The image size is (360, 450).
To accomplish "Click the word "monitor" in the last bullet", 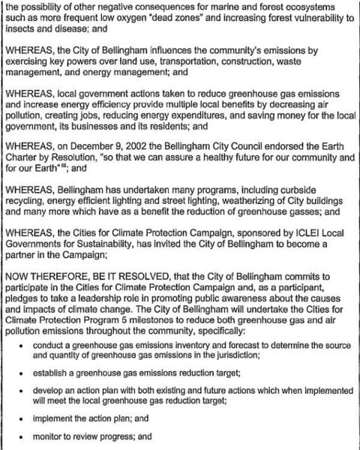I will pyautogui.click(x=61, y=435).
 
